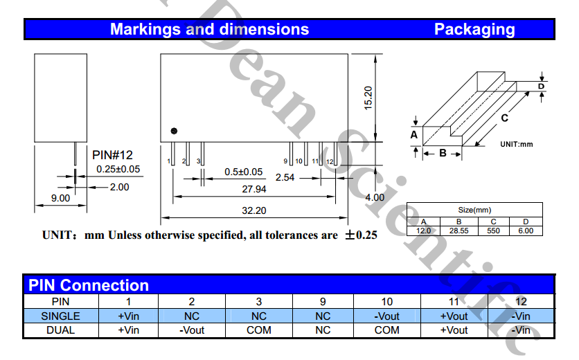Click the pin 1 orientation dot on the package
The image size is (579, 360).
tap(174, 131)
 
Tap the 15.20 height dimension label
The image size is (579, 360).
tap(368, 98)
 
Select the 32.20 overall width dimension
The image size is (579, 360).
tap(254, 210)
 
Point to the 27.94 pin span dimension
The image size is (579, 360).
tap(254, 189)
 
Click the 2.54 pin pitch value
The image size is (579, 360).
tap(285, 178)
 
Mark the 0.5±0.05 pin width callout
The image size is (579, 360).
tap(243, 172)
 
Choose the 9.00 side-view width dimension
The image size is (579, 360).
tap(60, 198)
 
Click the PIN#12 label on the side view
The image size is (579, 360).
tap(112, 155)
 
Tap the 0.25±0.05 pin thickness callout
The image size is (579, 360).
tap(118, 169)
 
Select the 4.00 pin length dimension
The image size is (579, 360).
tap(375, 197)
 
